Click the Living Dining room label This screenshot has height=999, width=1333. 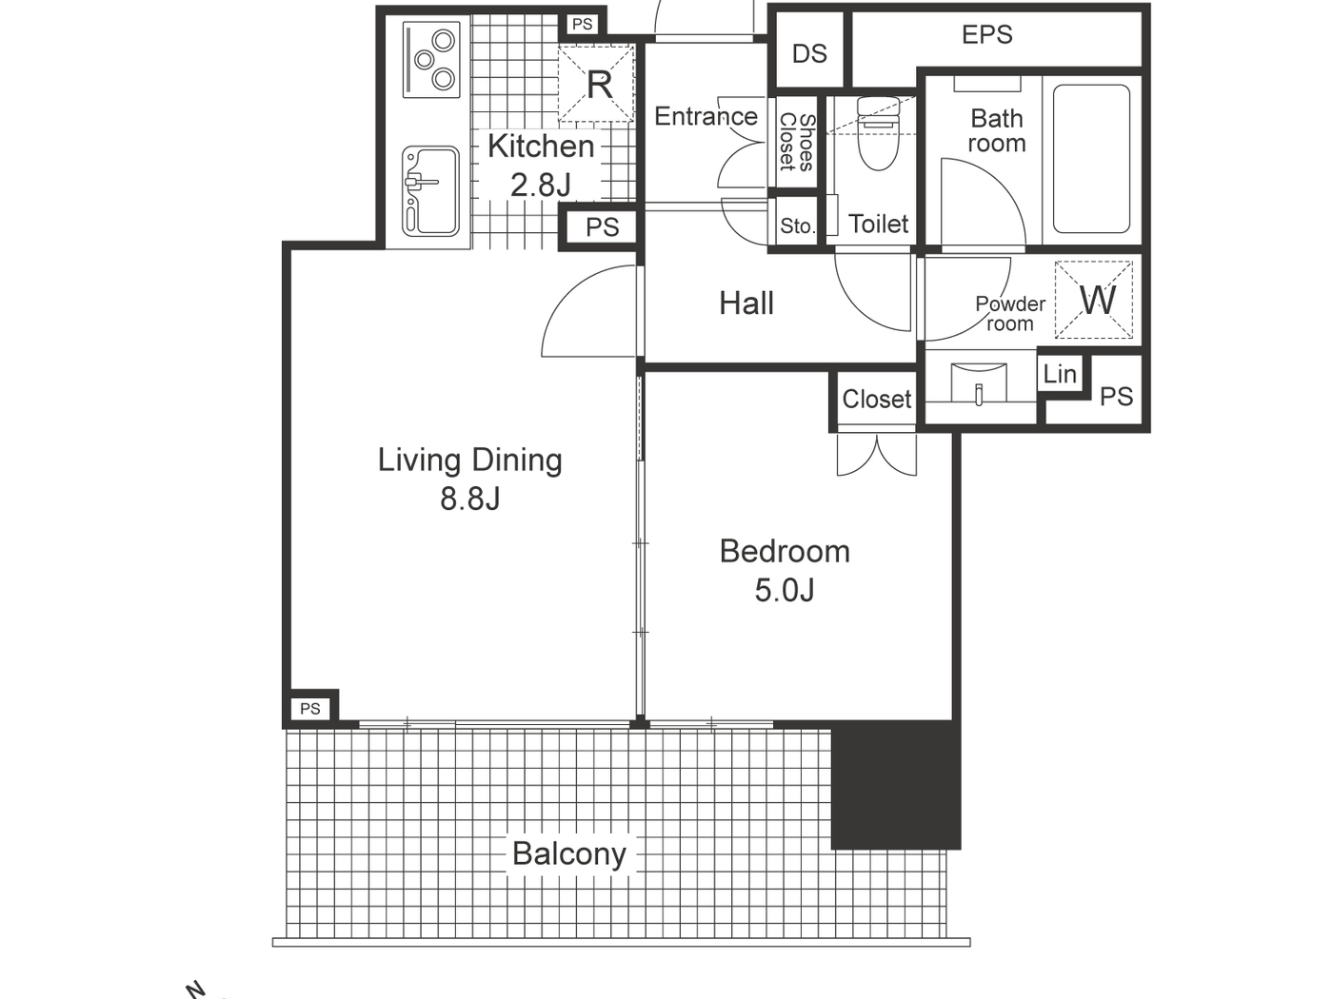[x=469, y=460]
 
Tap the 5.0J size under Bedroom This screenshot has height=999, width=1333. [x=785, y=590]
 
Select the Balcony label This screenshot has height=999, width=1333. [x=568, y=853]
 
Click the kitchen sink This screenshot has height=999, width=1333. [x=430, y=190]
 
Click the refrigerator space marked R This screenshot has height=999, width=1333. [x=597, y=85]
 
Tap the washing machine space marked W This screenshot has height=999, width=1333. [x=1096, y=301]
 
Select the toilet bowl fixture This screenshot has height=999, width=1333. [x=877, y=132]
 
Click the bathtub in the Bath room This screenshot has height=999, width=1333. [x=1091, y=159]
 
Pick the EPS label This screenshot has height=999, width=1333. [x=986, y=35]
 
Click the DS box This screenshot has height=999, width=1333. [x=809, y=53]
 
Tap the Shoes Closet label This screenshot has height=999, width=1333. [x=797, y=143]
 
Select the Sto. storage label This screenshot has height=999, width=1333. [x=797, y=226]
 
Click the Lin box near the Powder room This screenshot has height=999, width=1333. [x=1060, y=374]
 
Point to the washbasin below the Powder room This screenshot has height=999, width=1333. [x=979, y=384]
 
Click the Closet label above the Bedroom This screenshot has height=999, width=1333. [x=876, y=400]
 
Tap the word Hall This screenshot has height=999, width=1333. [x=746, y=304]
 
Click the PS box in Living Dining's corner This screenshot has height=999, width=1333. [x=310, y=708]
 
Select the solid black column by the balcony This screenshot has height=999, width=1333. [x=895, y=785]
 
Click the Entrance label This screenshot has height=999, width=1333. [x=706, y=116]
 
